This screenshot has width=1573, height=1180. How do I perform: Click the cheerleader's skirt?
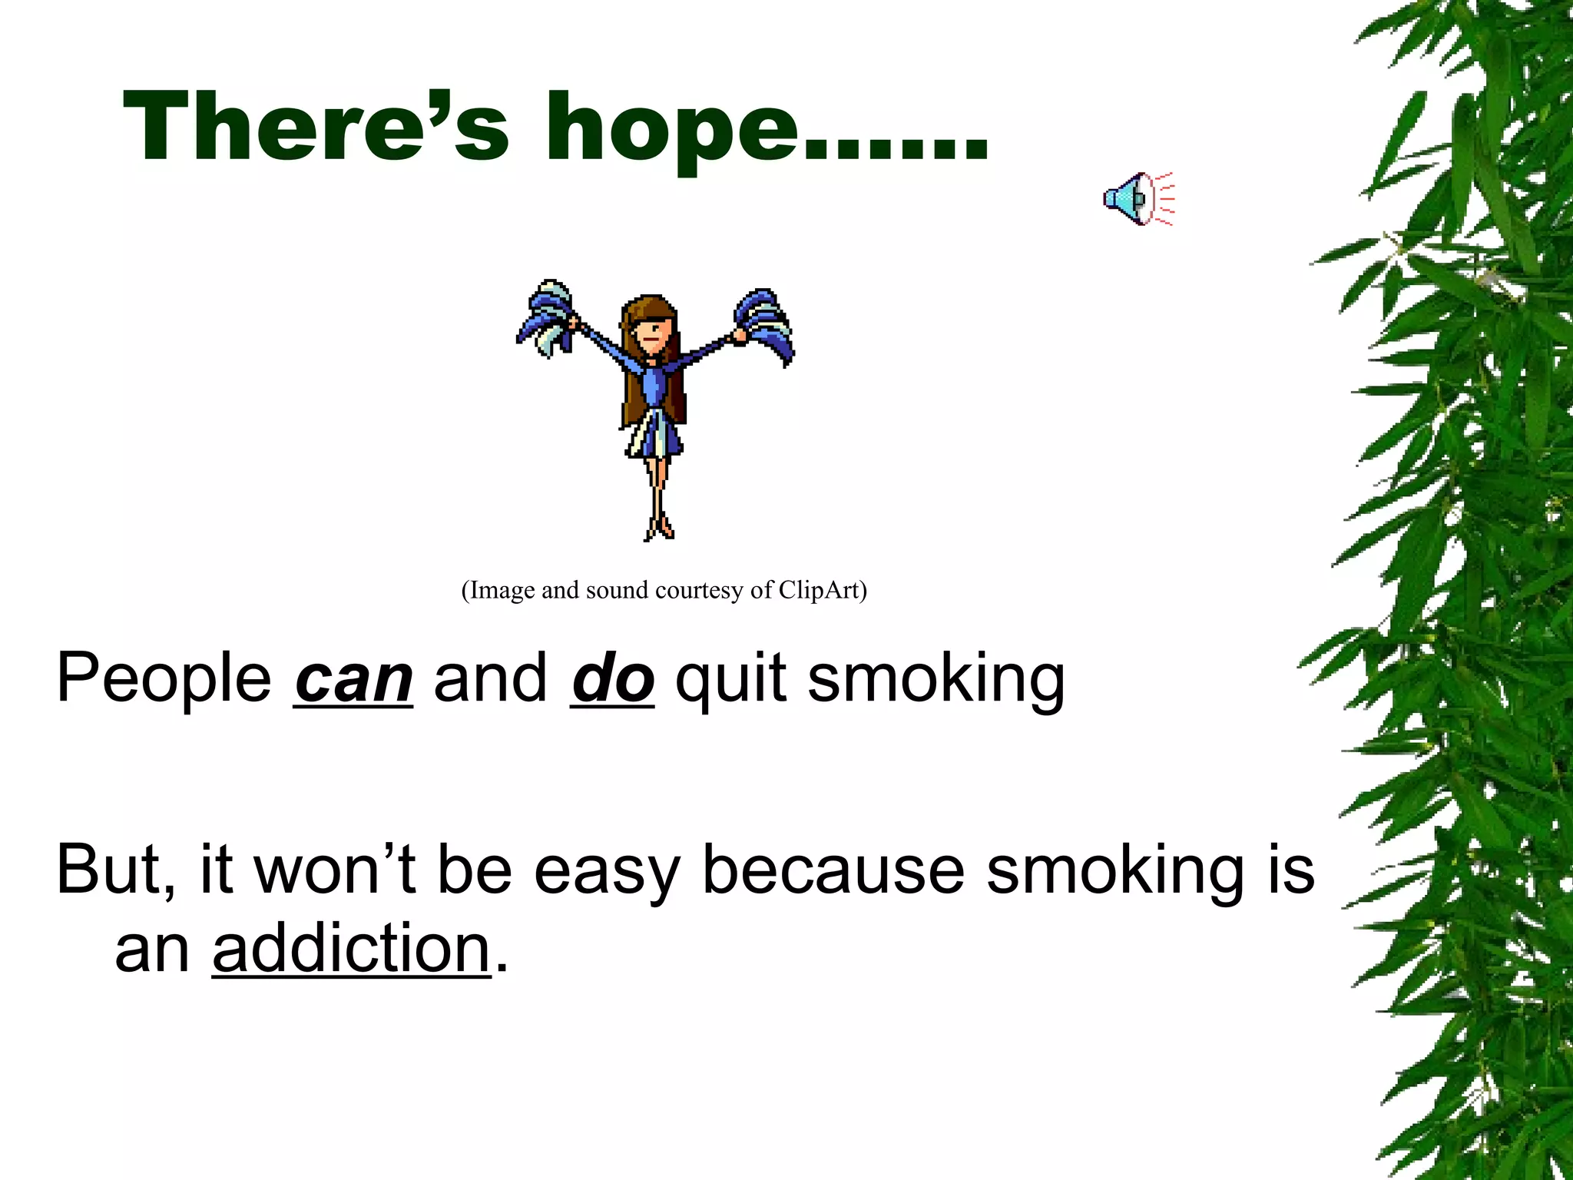[x=655, y=434]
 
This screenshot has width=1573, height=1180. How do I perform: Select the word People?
[x=164, y=678]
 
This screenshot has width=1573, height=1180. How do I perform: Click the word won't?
[x=335, y=870]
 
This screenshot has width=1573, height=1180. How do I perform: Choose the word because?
[x=833, y=870]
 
